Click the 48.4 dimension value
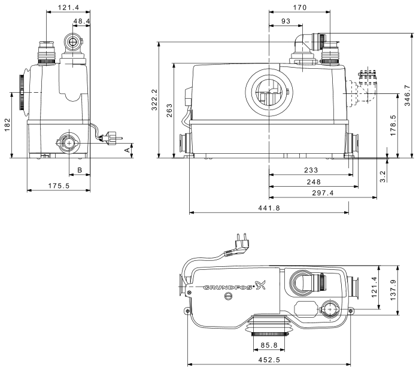click(80, 22)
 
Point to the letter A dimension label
click(126, 151)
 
